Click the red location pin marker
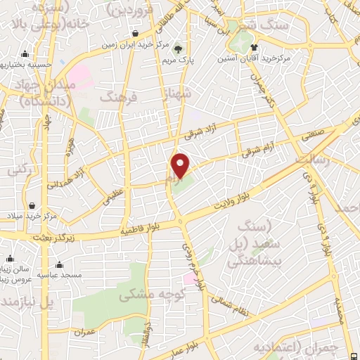(181, 165)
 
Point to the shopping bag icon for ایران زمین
(135, 33)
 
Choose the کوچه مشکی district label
(146, 294)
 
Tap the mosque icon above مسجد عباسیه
(58, 265)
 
